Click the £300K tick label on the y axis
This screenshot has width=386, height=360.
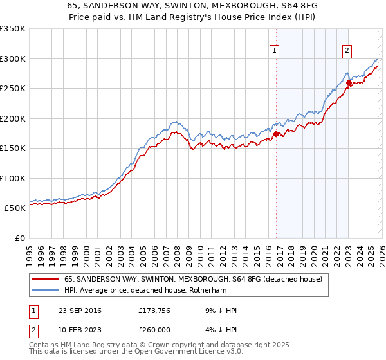pyautogui.click(x=13, y=59)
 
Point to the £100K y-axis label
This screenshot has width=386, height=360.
pyautogui.click(x=13, y=178)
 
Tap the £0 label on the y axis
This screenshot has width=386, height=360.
pyautogui.click(x=19, y=238)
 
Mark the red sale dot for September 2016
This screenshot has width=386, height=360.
pyautogui.click(x=276, y=134)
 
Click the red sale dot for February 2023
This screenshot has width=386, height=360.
pyautogui.click(x=349, y=82)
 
